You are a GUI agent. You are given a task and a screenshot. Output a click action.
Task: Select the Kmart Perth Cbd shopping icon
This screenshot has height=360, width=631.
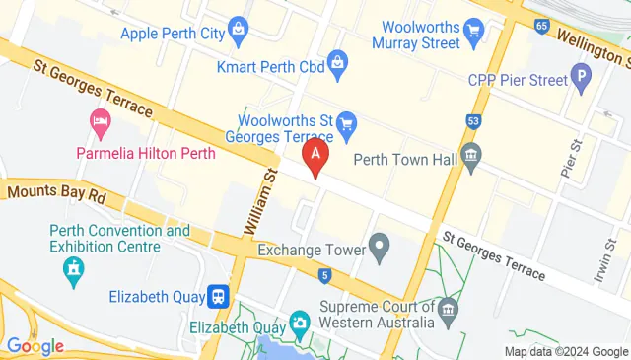[338, 65]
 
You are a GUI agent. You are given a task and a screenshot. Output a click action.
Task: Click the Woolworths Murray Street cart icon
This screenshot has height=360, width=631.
[473, 30]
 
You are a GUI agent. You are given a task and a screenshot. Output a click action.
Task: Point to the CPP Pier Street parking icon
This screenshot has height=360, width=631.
[582, 76]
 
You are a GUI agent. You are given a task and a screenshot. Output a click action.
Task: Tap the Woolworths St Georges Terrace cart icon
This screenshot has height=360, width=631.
[345, 124]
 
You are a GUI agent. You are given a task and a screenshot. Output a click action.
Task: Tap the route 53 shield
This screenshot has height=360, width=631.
[473, 121]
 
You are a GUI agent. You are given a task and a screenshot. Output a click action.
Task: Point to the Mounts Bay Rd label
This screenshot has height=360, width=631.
[55, 195]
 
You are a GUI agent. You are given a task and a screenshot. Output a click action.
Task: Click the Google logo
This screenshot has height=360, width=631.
[35, 346]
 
